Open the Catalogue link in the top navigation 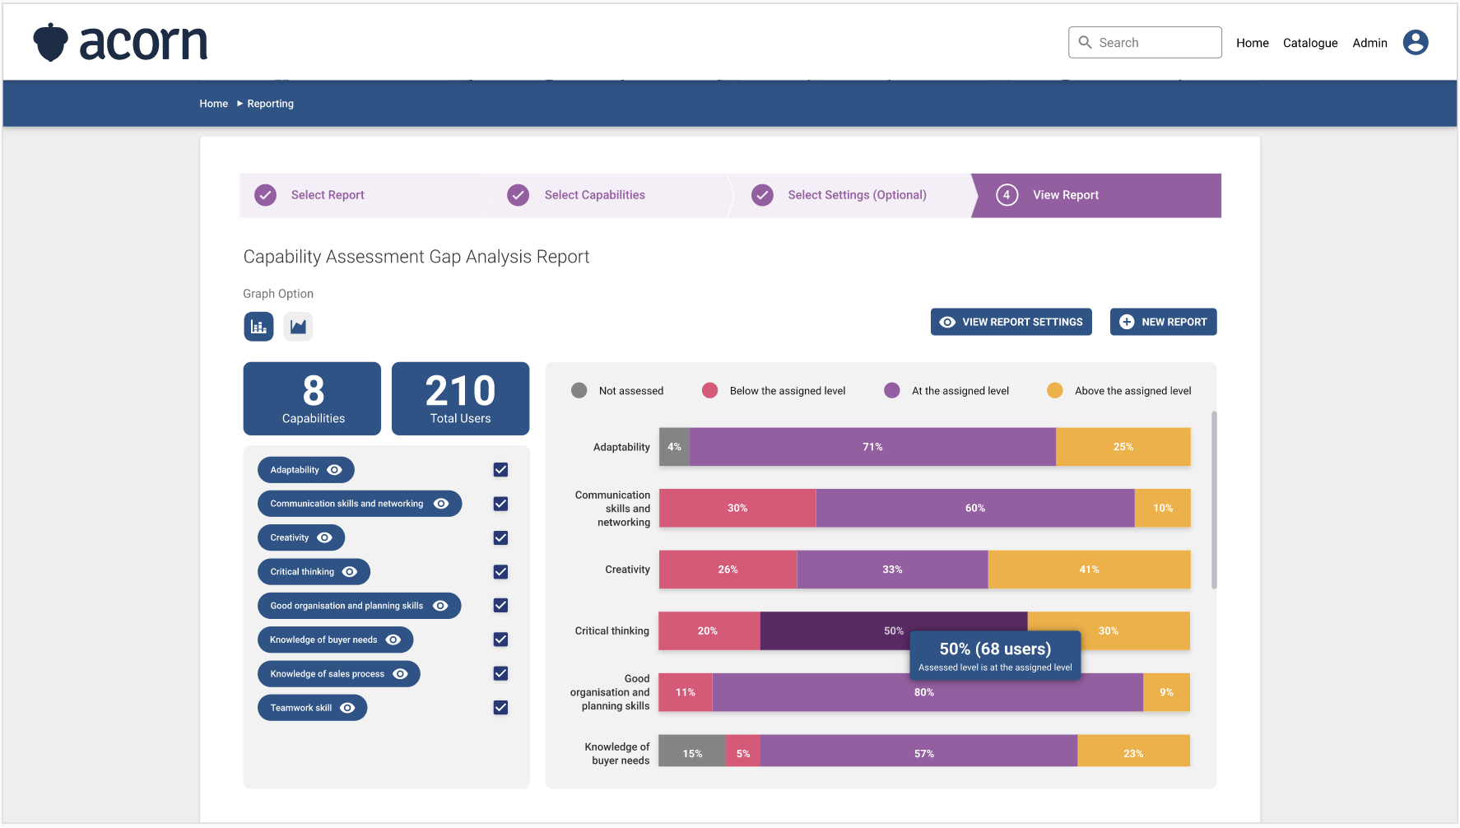coord(1309,43)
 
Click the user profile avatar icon coord(1415,42)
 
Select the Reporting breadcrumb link coord(270,104)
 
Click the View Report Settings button coord(1011,322)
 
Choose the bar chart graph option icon coord(258,327)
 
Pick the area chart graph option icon coord(298,327)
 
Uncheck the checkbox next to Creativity coord(500,537)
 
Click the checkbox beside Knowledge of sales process coord(500,673)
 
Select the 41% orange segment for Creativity coord(1088,570)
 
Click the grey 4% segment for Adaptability coord(674,447)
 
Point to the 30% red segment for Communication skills coord(737,508)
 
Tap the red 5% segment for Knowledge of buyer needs coord(742,753)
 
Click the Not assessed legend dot coord(579,390)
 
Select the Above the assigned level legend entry coord(1119,391)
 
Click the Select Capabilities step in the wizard coord(594,195)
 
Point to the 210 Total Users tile coord(460,398)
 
